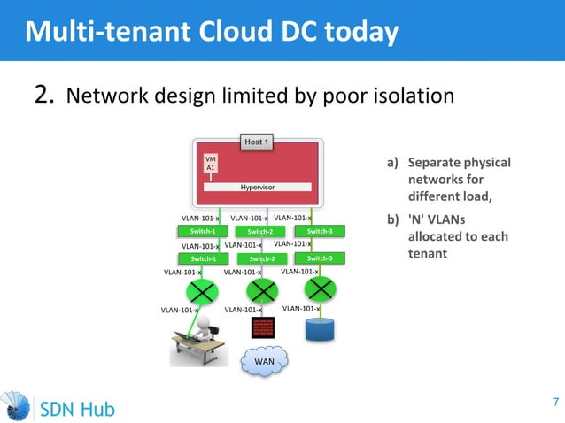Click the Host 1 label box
pyautogui.click(x=258, y=142)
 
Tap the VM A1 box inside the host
pyautogui.click(x=211, y=163)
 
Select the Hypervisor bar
pyautogui.click(x=258, y=188)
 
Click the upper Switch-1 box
pyautogui.click(x=203, y=232)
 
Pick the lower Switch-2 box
pyautogui.click(x=263, y=259)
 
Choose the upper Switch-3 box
pyautogui.click(x=320, y=232)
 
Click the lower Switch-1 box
pyautogui.click(x=203, y=259)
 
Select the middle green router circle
pyautogui.click(x=261, y=290)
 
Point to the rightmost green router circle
pyautogui.click(x=320, y=288)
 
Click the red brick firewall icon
pyautogui.click(x=263, y=327)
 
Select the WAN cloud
pyautogui.click(x=263, y=361)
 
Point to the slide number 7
pyautogui.click(x=555, y=404)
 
